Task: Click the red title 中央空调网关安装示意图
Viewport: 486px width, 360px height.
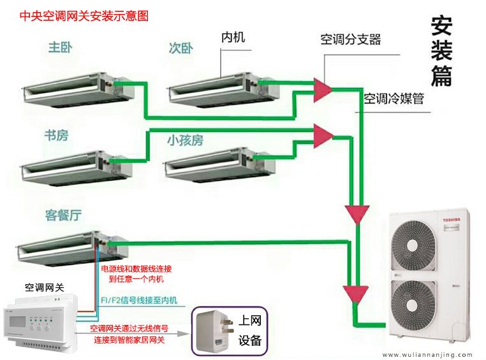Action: coord(84,16)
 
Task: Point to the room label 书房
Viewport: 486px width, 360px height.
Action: coord(56,135)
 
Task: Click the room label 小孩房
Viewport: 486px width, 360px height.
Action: coord(185,140)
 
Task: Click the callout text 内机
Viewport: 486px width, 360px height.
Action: coord(233,38)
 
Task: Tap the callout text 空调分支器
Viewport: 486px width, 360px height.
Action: coord(350,40)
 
